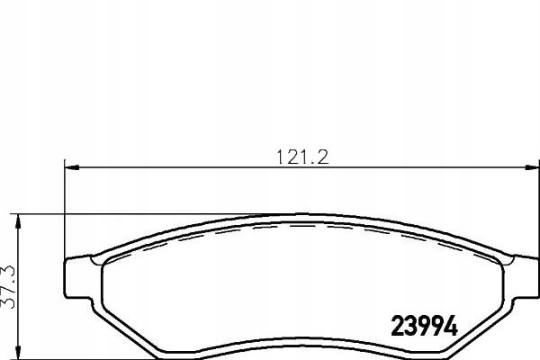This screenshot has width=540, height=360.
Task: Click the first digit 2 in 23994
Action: click(397, 325)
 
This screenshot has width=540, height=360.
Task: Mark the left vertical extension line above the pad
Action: click(65, 207)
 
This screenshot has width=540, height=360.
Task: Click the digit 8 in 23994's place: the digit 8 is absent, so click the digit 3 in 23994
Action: click(411, 325)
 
